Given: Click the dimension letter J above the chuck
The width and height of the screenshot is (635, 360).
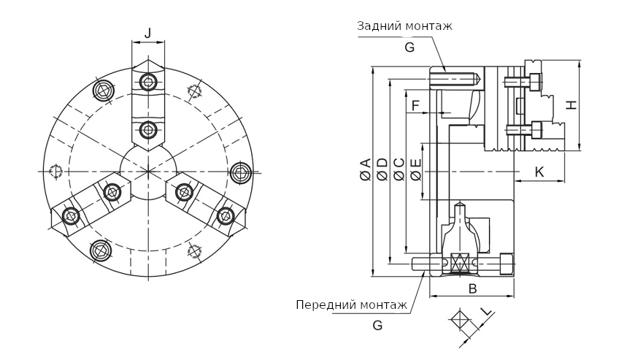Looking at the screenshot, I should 148,32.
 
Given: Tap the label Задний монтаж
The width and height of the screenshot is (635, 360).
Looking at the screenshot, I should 404,26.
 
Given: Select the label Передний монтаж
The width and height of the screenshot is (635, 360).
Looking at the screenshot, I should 351,305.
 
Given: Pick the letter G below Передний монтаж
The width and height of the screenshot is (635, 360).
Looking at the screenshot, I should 377,326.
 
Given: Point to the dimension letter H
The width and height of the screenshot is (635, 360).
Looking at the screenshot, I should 572,104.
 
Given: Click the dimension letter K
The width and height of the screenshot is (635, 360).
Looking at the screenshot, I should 539,172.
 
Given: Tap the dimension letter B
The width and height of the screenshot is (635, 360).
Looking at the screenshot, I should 472,288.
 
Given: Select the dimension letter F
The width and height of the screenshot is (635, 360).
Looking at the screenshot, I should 415,106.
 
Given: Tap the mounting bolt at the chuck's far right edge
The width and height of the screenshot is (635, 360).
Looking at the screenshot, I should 240,173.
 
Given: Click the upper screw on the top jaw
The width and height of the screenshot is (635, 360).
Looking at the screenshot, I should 149,81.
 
